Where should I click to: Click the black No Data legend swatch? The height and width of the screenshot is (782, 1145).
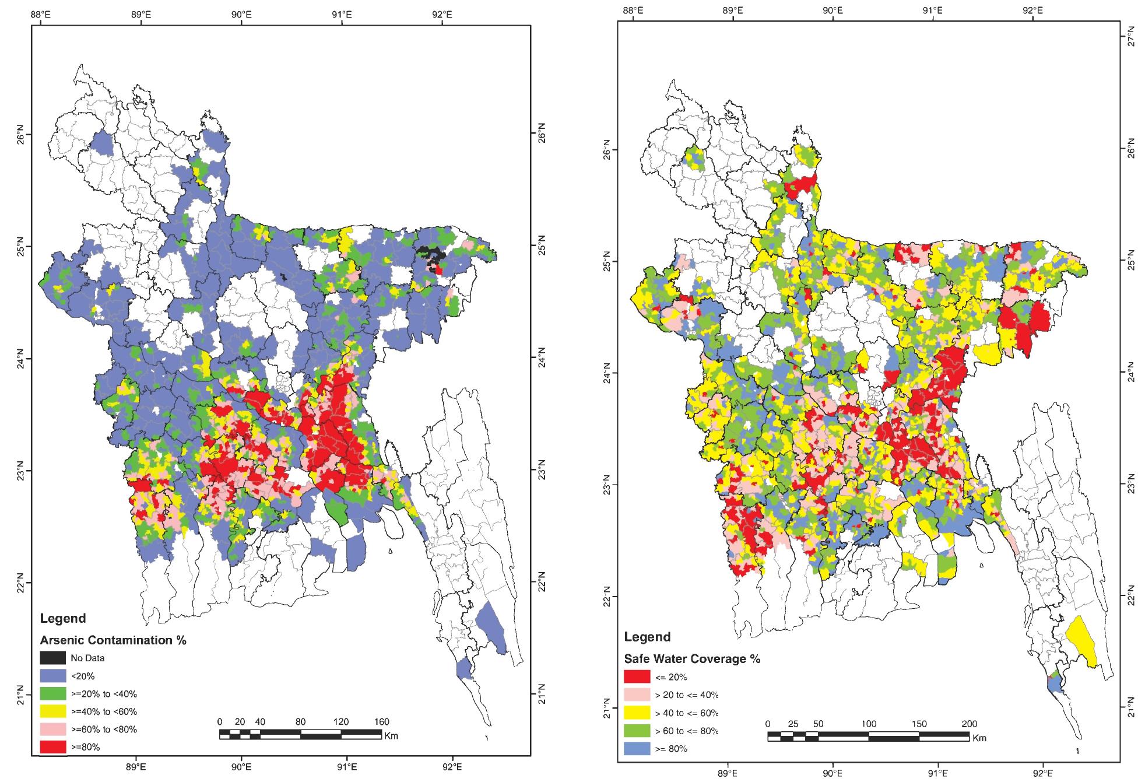tap(52, 658)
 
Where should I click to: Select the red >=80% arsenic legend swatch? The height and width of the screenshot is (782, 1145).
tap(52, 747)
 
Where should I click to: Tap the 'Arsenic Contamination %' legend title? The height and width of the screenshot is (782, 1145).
tap(113, 640)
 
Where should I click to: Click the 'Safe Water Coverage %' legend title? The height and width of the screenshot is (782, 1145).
tap(692, 659)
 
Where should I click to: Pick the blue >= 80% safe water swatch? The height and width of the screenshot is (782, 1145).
tap(637, 748)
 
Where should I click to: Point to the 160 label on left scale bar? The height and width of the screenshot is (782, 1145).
tap(381, 722)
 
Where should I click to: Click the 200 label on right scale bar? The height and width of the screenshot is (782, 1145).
tap(969, 724)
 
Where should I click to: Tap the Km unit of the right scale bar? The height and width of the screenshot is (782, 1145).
tap(979, 738)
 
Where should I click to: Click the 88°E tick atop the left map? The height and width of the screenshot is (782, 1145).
tap(40, 13)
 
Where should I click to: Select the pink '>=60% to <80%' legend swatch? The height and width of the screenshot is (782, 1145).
tap(52, 729)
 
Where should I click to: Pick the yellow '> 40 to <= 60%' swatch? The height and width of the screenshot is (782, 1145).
tap(637, 713)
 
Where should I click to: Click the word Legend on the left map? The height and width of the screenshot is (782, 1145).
tap(62, 618)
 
